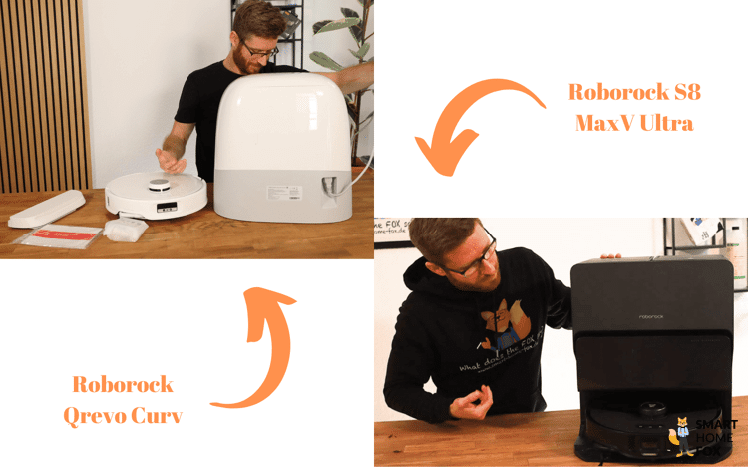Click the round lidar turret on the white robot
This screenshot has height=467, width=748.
[x=158, y=183]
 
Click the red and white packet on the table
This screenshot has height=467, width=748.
[x=62, y=236]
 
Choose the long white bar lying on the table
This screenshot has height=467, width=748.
[x=47, y=208]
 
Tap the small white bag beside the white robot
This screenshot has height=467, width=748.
[x=125, y=229]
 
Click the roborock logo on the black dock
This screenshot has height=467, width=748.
[x=655, y=316]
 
